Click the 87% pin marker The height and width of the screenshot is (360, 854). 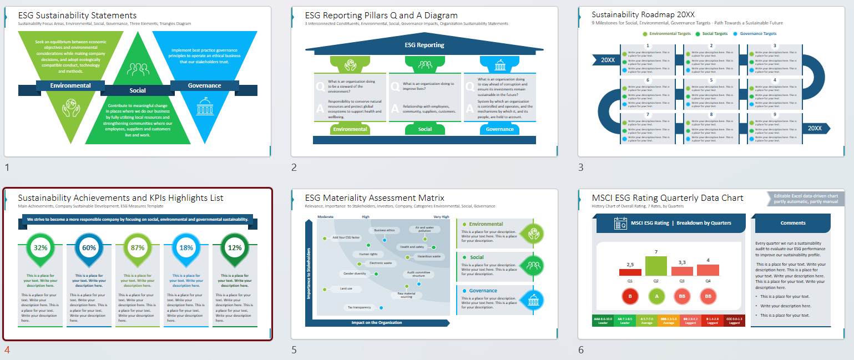(x=137, y=248)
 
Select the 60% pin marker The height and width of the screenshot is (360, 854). (x=89, y=248)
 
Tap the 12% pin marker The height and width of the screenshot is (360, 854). (x=235, y=248)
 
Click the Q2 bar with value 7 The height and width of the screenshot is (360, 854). (x=656, y=266)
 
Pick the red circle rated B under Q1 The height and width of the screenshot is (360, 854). (x=630, y=296)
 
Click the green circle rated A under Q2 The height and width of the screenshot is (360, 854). (x=656, y=296)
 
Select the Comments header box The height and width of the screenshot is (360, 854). (x=792, y=223)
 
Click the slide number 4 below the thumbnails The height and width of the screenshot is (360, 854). (x=7, y=350)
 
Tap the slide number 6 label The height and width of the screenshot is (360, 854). (x=580, y=350)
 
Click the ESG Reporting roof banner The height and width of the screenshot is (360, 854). (x=425, y=45)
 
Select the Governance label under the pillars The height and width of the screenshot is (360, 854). (x=499, y=129)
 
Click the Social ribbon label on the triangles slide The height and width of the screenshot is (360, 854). (x=138, y=90)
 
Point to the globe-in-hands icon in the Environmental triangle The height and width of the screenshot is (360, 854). (x=71, y=107)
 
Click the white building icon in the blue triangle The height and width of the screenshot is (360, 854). (x=205, y=107)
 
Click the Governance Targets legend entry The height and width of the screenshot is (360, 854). (x=758, y=34)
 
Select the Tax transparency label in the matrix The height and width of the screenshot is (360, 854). (x=360, y=307)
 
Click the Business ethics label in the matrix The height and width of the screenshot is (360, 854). (x=384, y=230)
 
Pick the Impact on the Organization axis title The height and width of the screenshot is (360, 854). (x=376, y=322)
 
